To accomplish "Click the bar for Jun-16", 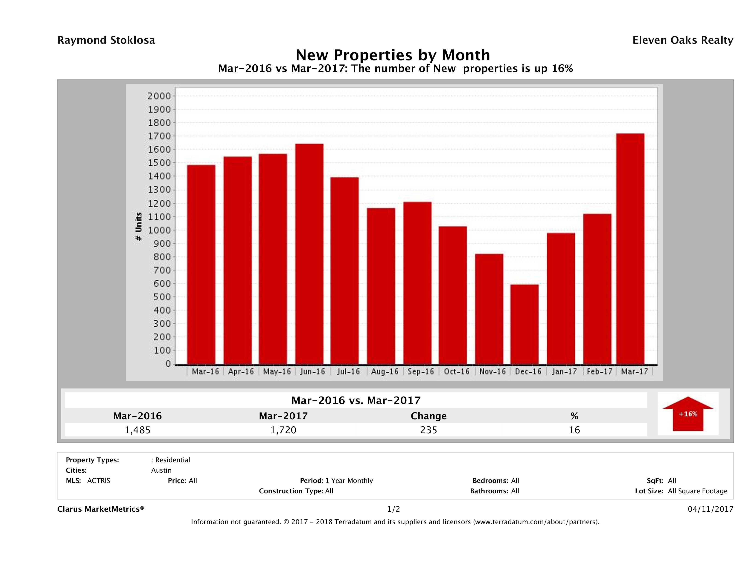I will click(x=309, y=254).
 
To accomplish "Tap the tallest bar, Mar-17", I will click(x=630, y=249).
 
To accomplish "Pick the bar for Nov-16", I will click(x=489, y=309).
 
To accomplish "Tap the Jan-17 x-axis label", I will click(x=564, y=372).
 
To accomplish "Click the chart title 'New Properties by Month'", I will click(x=393, y=55).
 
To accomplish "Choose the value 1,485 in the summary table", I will click(x=138, y=430).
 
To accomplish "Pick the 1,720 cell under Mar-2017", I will click(x=283, y=430).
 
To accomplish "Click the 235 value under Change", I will click(x=429, y=430).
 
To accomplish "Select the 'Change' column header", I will click(x=429, y=416).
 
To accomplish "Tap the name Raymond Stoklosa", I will click(x=106, y=40).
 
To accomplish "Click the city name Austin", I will click(x=161, y=470).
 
